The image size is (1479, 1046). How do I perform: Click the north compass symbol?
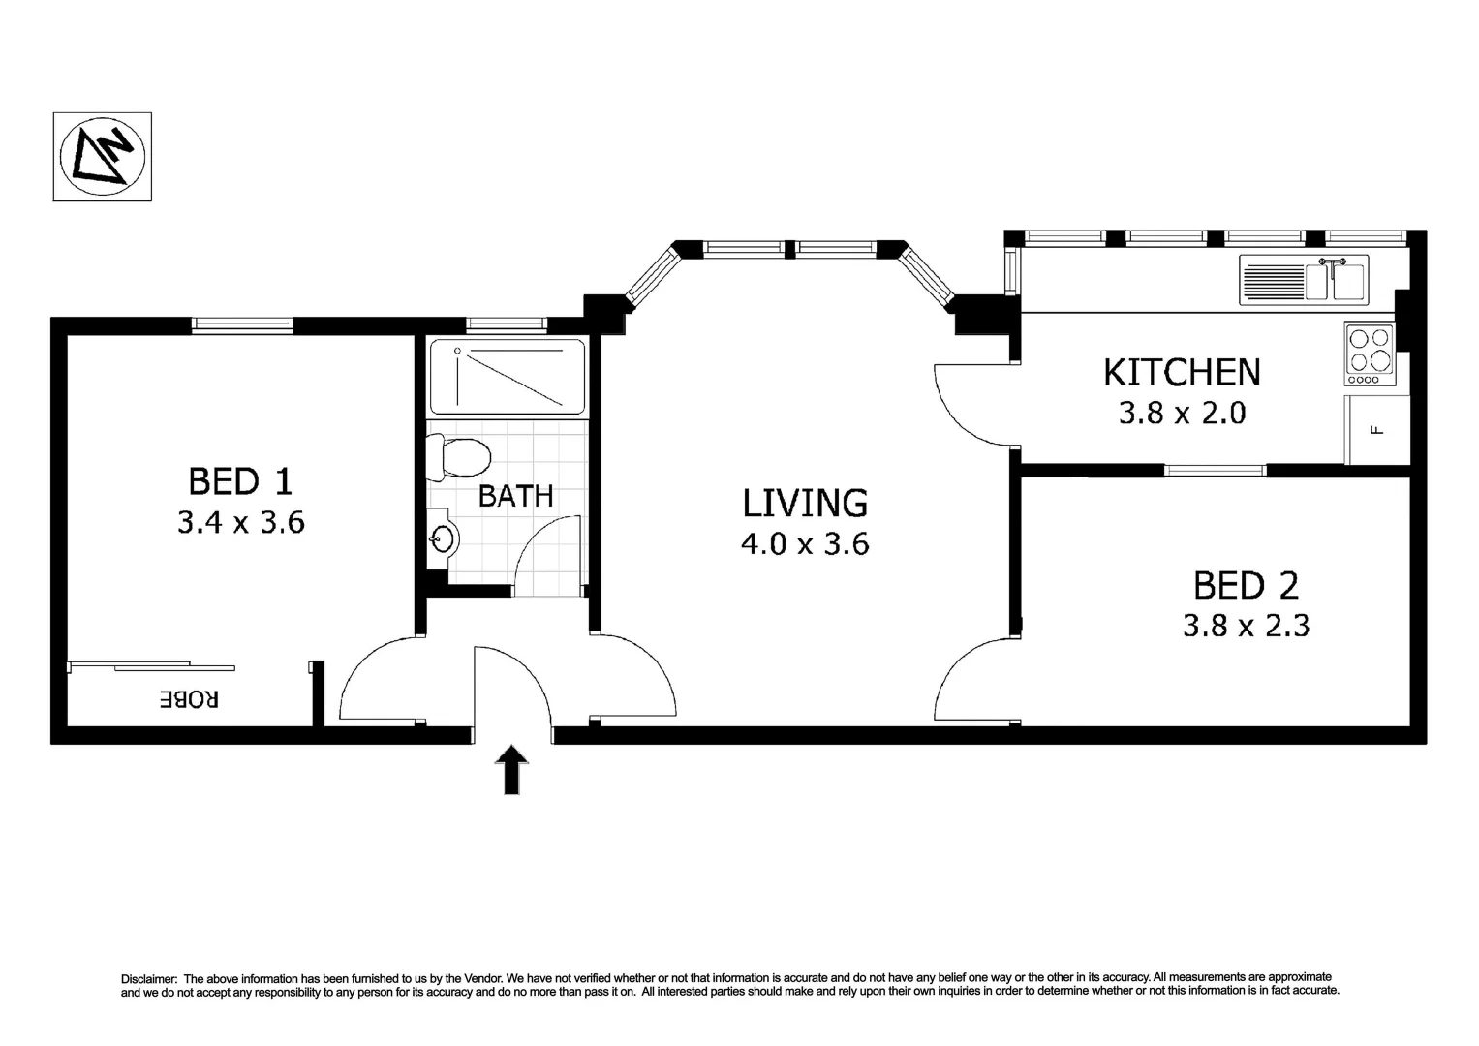[x=102, y=156]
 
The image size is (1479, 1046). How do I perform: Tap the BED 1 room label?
[x=240, y=481]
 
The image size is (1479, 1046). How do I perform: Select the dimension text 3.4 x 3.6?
[x=241, y=523]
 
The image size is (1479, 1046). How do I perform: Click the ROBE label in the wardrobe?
[x=190, y=699]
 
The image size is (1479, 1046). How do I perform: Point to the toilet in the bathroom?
[x=459, y=457]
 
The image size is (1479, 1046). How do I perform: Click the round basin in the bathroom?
[x=443, y=539]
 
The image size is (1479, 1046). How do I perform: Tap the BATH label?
[x=515, y=496]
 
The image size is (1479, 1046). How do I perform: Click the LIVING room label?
[x=805, y=503]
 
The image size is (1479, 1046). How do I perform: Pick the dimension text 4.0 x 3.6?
[x=805, y=544]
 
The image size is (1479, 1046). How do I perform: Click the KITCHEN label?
[x=1182, y=372]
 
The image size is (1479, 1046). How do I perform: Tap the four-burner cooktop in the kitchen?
[x=1369, y=351]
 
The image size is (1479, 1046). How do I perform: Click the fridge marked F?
[x=1376, y=430]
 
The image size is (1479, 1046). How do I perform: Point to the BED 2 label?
[x=1246, y=585]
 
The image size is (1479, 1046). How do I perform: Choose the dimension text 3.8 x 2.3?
[x=1246, y=626]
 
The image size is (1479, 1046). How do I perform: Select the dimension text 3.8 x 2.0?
[x=1182, y=414]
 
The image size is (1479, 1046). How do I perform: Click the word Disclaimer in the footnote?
[x=148, y=978]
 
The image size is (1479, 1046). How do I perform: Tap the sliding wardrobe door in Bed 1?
[x=152, y=666]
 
